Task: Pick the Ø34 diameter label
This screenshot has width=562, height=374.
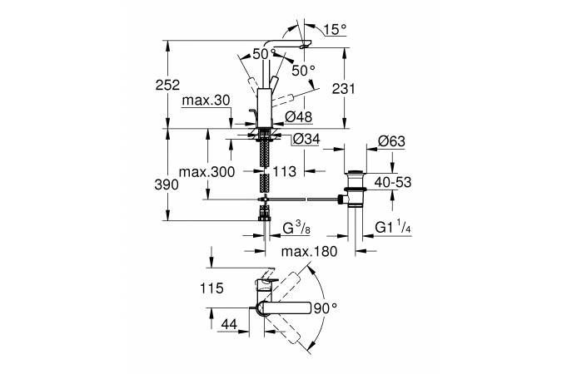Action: click(x=306, y=139)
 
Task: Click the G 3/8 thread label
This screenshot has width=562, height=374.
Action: click(x=297, y=225)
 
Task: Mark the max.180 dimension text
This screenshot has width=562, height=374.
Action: click(x=309, y=252)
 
